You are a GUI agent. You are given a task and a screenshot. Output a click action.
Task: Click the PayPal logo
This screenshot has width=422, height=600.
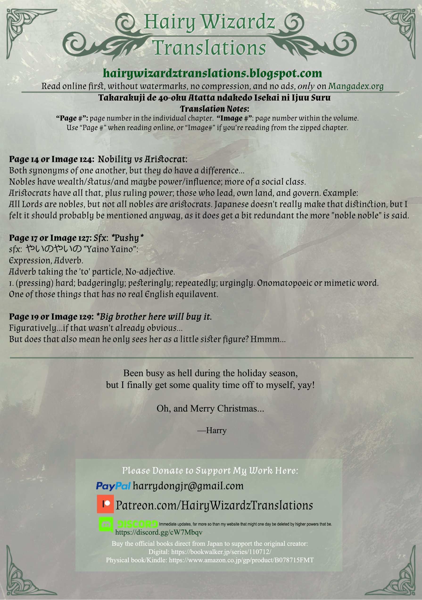113,486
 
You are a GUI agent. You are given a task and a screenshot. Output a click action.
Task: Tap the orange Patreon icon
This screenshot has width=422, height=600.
105,504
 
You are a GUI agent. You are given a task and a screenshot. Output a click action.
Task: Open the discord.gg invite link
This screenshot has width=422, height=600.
159,532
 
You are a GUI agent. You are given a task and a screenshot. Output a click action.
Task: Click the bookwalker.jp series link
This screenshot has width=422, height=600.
221,552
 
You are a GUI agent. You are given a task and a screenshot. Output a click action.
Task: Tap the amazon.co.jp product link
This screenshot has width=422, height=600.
241,560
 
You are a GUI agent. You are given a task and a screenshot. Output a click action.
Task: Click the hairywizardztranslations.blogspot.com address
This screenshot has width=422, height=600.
212,73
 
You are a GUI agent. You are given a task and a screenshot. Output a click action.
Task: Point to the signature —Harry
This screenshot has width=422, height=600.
212,430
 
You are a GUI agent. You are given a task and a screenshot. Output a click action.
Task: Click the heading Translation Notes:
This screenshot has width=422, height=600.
214,109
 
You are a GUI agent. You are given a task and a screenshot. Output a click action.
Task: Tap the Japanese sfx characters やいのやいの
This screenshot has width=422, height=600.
54,249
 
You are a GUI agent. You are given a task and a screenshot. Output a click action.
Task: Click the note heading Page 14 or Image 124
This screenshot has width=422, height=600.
51,159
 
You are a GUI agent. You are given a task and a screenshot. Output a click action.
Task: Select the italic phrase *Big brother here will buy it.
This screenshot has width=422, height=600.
154,316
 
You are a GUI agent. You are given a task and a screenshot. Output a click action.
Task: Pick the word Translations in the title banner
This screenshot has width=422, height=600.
209,48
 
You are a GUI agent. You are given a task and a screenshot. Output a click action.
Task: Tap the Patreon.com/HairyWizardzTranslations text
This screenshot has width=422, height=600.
214,505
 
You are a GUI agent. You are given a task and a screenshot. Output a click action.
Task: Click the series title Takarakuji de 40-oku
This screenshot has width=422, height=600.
214,98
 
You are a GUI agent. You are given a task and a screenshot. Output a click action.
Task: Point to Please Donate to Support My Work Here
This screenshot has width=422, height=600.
210,470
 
